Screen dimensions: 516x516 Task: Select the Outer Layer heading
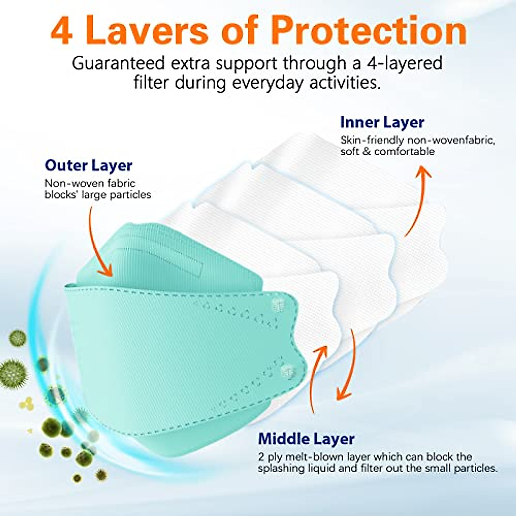pos(89,166)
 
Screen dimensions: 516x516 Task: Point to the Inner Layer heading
pos(382,123)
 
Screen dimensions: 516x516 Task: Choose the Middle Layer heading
pos(306,439)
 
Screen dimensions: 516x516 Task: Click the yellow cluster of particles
pos(27,403)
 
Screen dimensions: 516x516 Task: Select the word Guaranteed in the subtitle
pos(118,63)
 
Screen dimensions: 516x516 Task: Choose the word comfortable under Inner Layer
pos(404,151)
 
